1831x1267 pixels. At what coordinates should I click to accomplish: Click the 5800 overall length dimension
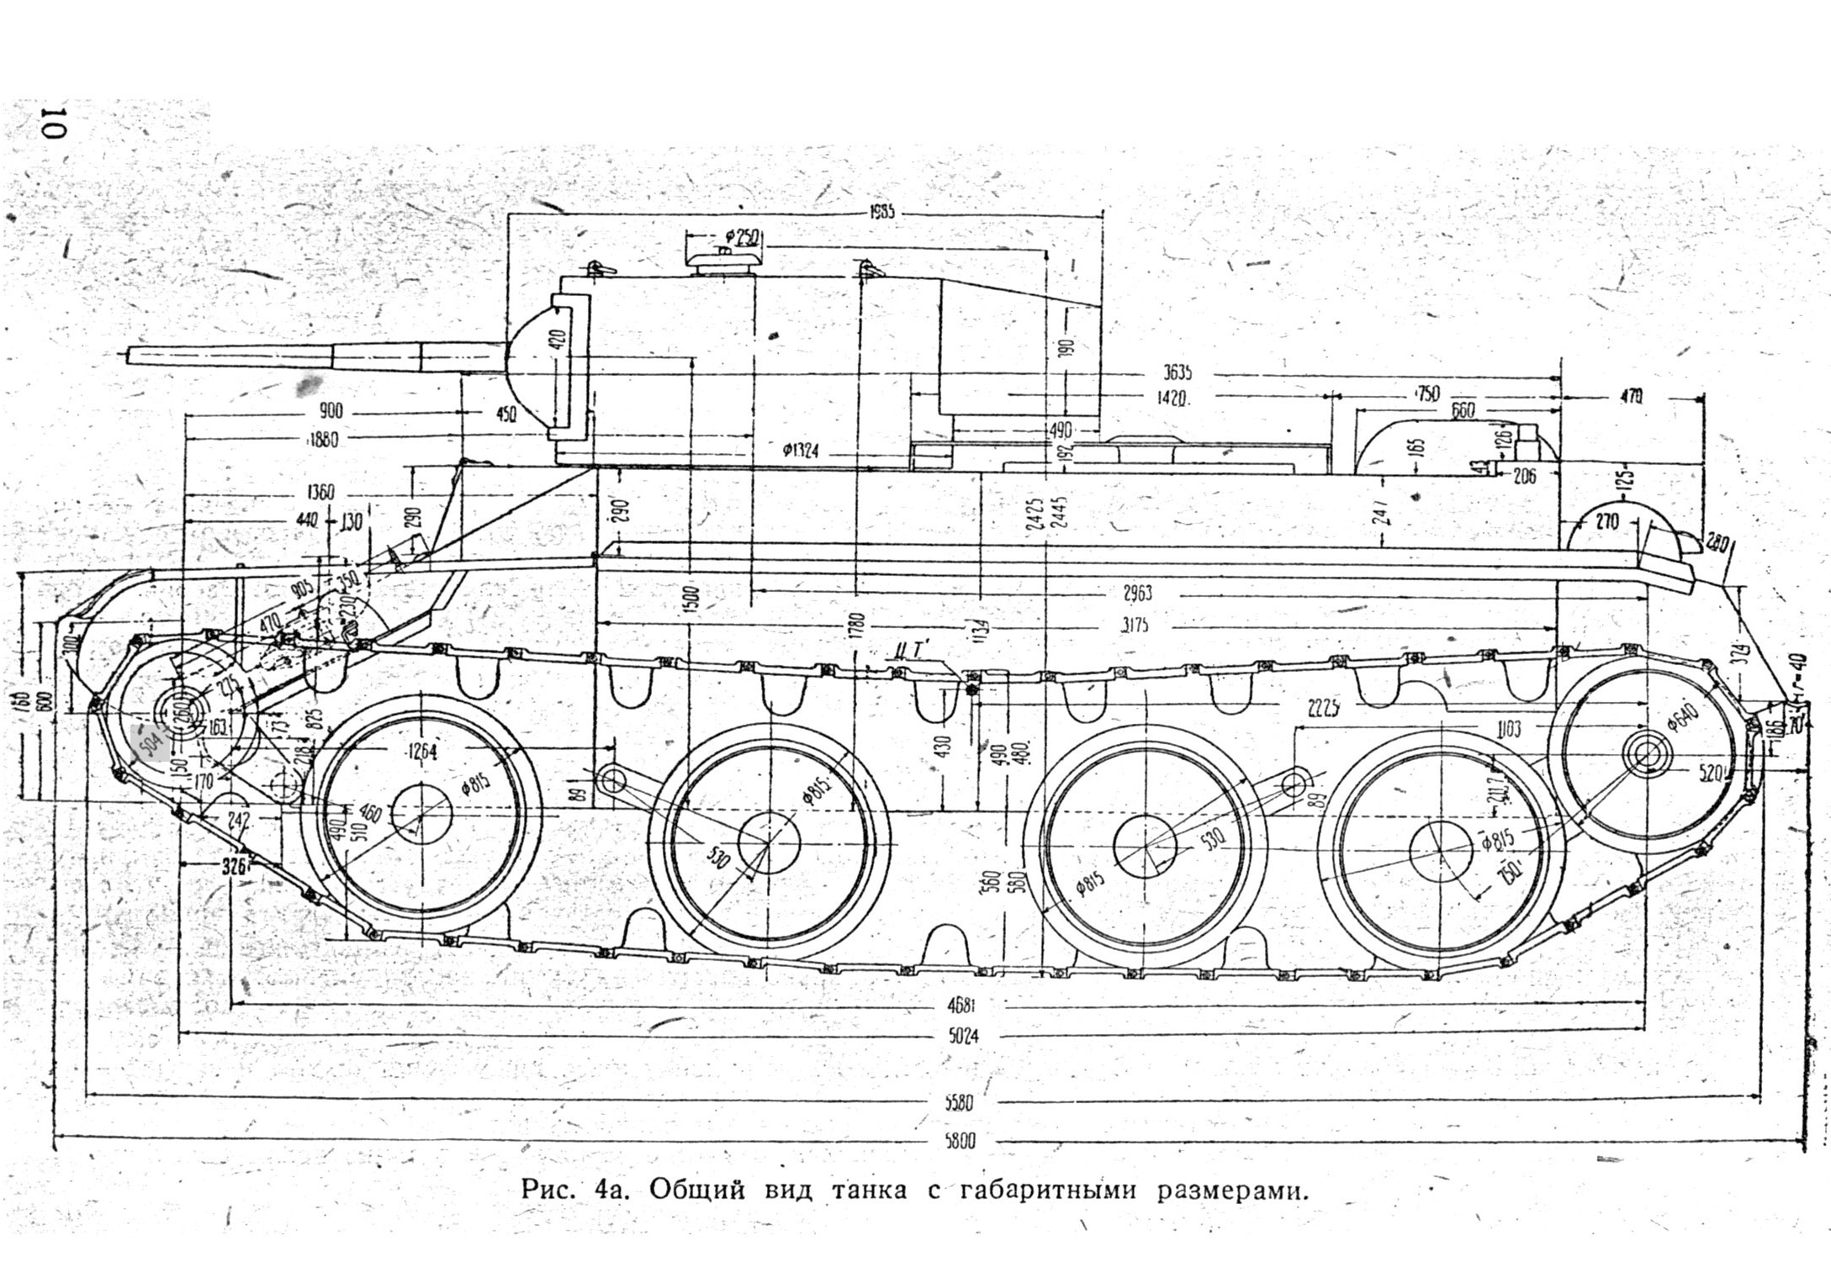coord(959,1141)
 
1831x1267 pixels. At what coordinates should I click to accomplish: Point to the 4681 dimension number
coord(960,1005)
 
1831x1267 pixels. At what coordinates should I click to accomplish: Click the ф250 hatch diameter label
coord(741,238)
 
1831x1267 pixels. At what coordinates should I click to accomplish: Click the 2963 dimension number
coord(1137,594)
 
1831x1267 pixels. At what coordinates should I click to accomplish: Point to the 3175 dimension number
coord(1135,626)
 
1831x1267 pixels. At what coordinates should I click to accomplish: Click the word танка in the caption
coord(873,1190)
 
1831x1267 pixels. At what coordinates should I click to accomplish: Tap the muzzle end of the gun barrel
coord(128,356)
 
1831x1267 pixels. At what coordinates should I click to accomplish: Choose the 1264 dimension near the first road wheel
coord(421,752)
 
